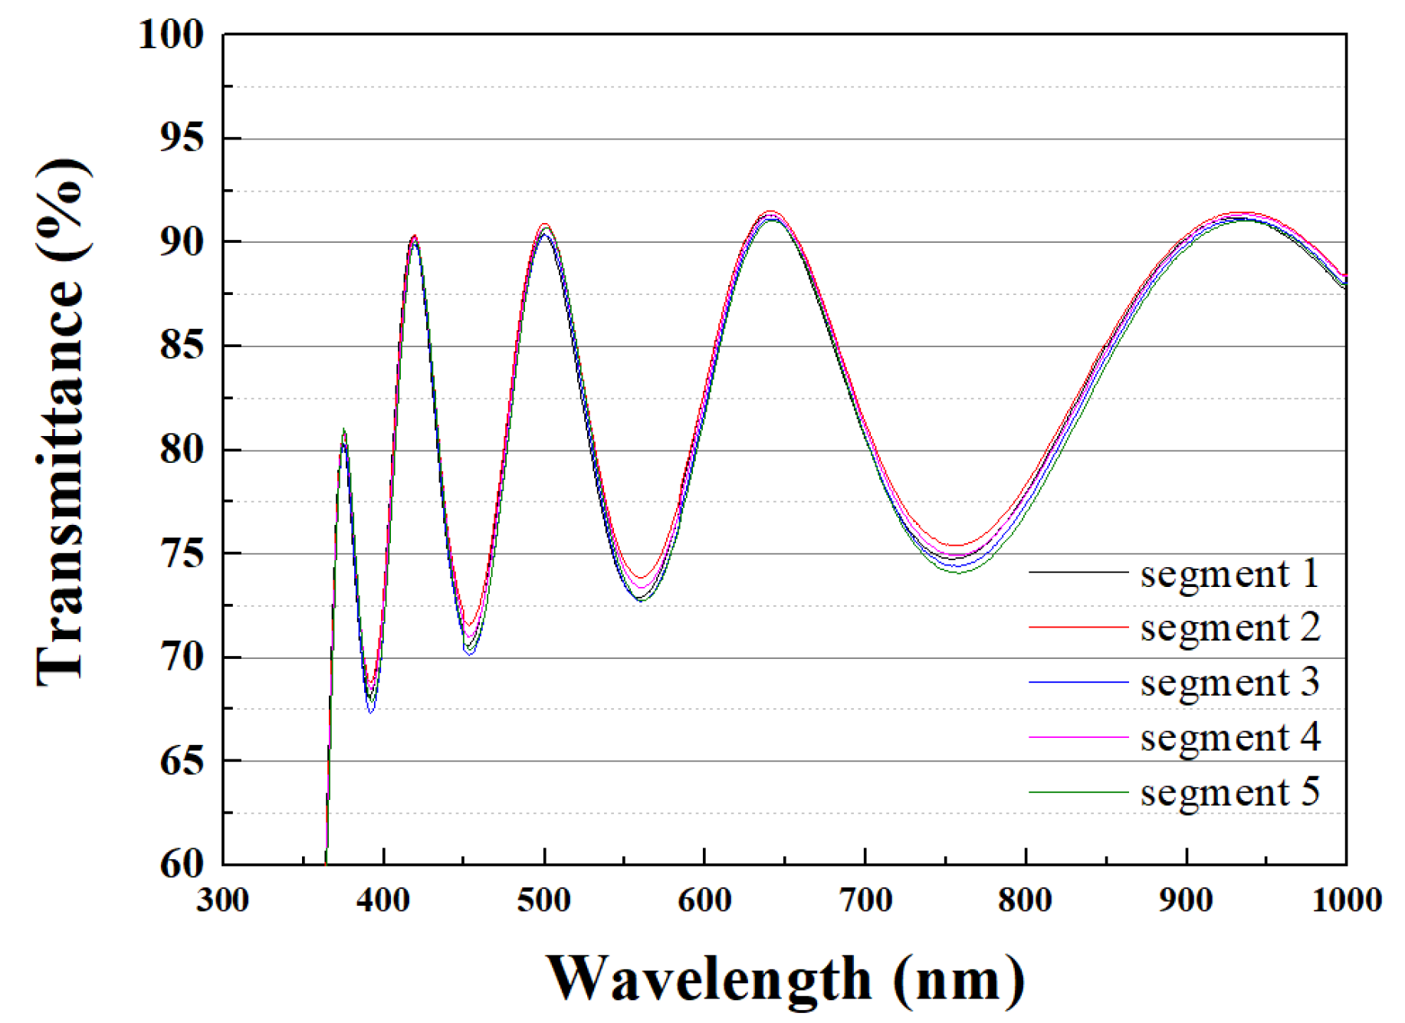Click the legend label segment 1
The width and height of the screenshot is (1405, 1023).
[x=1229, y=574]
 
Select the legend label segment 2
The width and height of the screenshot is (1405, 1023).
[x=1229, y=628]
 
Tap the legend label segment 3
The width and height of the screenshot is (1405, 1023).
[x=1229, y=683]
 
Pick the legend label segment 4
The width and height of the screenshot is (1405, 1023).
[x=1229, y=737]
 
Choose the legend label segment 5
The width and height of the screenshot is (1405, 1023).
[x=1229, y=792]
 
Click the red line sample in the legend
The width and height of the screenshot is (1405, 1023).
[x=1078, y=627]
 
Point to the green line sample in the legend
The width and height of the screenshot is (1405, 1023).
[x=1078, y=792]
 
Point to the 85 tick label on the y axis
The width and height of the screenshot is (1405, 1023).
[x=182, y=346]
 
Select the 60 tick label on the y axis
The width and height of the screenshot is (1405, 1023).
[x=182, y=864]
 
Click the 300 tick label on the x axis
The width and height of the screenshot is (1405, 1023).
[x=222, y=900]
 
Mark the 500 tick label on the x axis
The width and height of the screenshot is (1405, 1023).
[x=543, y=900]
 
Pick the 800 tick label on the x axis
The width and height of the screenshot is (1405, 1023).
[x=1025, y=900]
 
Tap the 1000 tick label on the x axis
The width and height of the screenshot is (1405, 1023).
[x=1346, y=900]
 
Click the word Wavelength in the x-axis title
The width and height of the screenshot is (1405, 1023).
[x=708, y=980]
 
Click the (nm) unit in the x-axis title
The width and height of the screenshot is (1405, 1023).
[x=958, y=980]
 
